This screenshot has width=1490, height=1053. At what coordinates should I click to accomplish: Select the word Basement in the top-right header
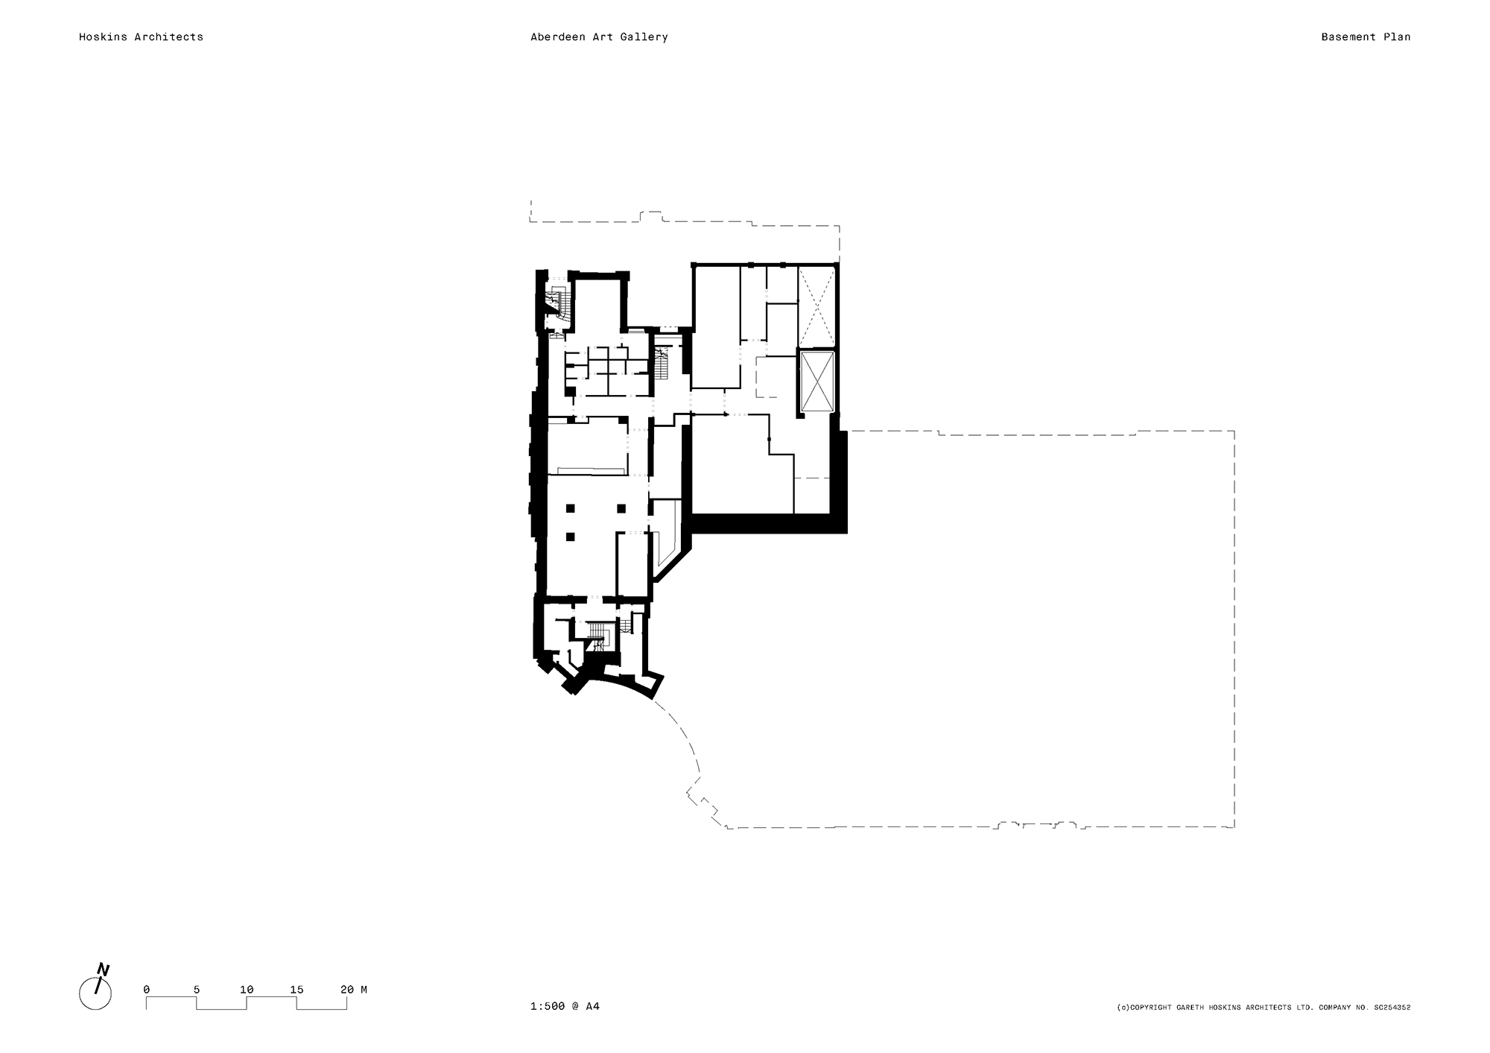coord(1345,37)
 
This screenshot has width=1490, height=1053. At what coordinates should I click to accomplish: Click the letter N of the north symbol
coord(104,970)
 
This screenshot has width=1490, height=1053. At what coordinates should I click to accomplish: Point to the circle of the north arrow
coord(95,994)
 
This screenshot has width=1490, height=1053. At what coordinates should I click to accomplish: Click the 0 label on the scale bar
coord(146,990)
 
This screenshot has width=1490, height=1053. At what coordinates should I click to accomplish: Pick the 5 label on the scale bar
coord(197,990)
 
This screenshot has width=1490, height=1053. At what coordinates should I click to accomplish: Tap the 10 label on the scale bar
coord(247,990)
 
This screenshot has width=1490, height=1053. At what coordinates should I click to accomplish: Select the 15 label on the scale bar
coord(297,990)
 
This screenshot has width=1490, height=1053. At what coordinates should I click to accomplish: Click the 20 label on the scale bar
coord(346,990)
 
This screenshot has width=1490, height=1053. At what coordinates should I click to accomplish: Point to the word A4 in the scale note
coord(592,1006)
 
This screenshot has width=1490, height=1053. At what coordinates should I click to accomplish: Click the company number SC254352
coord(1392,1008)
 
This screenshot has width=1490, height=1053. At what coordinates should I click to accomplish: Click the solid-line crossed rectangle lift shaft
coord(817,381)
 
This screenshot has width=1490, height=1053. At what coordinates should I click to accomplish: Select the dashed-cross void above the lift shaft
coord(817,306)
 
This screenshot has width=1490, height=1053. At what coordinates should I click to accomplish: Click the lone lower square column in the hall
coord(571,536)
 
